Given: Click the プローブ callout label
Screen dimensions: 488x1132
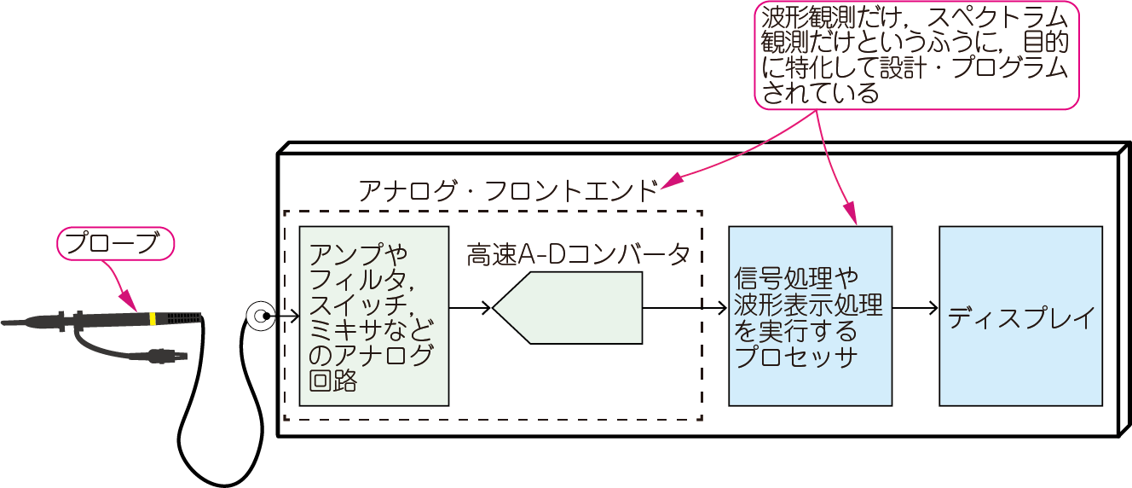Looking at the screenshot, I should pos(115,243).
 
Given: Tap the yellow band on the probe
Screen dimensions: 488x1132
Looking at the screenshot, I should pos(152,319).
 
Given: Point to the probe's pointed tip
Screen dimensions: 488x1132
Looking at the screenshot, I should pos(7,323).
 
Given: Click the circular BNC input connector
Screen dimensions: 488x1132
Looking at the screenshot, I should pos(258,317).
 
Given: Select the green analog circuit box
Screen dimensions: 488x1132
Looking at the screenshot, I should pos(373,316).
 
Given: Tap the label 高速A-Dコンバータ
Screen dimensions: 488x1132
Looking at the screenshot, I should pos(578,255).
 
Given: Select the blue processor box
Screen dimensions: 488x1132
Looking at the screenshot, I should pos(810,316).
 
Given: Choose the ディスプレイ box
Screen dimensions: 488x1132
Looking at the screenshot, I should pos(1020,316).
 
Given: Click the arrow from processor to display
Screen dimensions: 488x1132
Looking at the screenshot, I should pos(915,308).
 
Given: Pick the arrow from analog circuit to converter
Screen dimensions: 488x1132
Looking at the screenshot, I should pos(470,308).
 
